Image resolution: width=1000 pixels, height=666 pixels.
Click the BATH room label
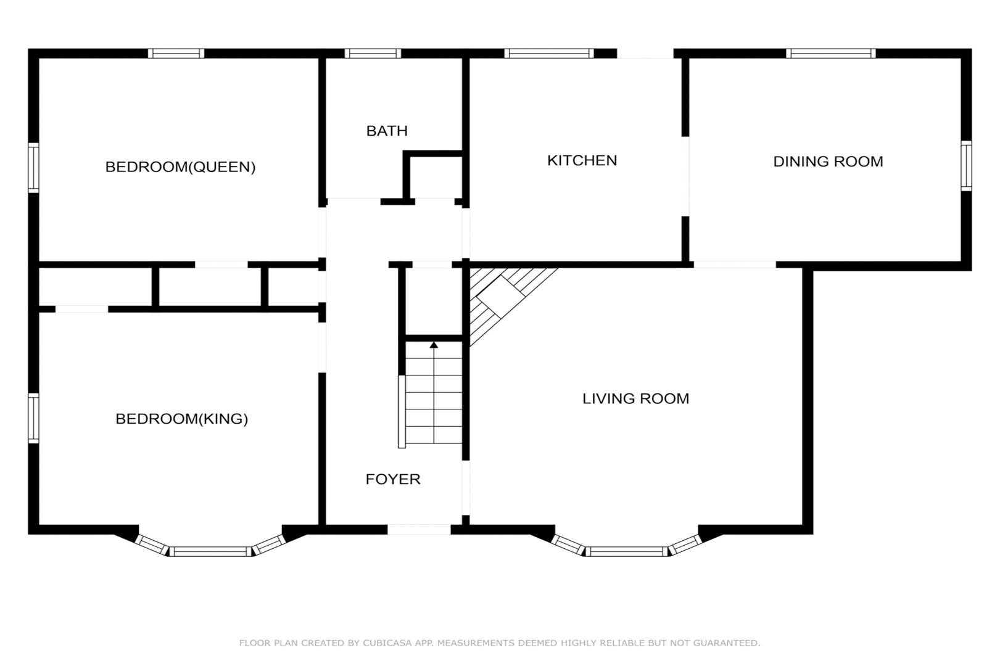point(387,131)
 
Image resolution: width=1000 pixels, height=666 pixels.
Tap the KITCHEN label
point(582,160)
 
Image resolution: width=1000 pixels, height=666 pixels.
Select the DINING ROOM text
point(828,162)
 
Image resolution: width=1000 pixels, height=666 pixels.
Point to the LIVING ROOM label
point(635,398)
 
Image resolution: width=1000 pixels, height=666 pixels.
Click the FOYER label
point(393,479)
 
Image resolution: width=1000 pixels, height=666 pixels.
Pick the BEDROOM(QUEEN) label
point(180,167)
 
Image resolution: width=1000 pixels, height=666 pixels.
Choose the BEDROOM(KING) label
point(182,419)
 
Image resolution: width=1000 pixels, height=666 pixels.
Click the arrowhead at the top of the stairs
point(434,345)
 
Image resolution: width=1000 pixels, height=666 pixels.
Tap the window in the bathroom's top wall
point(373,54)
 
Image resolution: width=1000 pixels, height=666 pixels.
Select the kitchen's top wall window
point(549,54)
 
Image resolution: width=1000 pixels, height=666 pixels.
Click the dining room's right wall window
point(966,166)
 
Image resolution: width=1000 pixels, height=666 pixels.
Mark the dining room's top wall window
point(831,54)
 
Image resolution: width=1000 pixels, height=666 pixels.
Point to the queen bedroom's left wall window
point(33,168)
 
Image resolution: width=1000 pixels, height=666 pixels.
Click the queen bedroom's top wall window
point(176,54)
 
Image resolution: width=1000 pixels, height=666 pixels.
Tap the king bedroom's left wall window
point(33,418)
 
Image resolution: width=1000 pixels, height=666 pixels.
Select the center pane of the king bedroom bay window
point(210,551)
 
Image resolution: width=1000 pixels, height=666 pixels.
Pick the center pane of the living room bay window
point(627,551)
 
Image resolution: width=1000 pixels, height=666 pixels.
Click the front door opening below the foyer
point(419,529)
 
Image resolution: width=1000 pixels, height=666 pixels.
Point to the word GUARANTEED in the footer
point(726,643)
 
